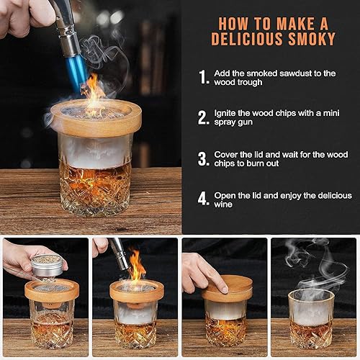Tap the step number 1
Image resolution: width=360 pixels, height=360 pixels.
(x=203, y=77)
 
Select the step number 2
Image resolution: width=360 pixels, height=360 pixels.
(x=204, y=117)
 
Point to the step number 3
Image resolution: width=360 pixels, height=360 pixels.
(x=204, y=158)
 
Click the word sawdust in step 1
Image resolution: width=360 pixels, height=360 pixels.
(x=300, y=73)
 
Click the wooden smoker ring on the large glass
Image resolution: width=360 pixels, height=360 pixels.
(x=95, y=119)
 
